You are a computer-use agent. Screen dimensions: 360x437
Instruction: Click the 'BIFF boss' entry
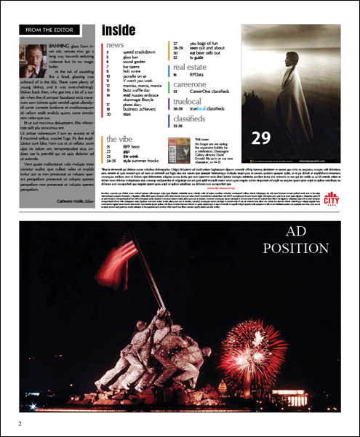point(132,146)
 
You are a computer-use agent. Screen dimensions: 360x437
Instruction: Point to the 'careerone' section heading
point(189,85)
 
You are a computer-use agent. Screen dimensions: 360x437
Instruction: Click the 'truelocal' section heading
point(187,101)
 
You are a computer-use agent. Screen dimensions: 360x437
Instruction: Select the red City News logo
point(333,197)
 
